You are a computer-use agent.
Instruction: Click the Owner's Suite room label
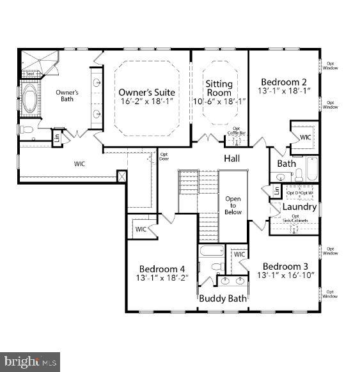(x=146, y=93)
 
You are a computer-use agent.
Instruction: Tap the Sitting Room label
(x=219, y=88)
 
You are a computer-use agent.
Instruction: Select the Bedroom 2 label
(x=284, y=82)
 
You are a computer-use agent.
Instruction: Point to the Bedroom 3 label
(x=286, y=266)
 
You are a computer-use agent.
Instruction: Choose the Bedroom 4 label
(x=162, y=268)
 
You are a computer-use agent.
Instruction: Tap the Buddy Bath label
(x=223, y=298)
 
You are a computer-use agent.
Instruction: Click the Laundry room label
(x=299, y=207)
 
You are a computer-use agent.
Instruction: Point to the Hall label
(x=231, y=158)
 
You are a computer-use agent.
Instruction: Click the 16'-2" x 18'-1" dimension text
(x=146, y=102)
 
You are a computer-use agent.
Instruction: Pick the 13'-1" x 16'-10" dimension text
(x=286, y=275)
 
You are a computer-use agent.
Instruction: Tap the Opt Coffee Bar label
(x=236, y=130)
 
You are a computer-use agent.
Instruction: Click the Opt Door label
(x=164, y=156)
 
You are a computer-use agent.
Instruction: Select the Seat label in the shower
(x=29, y=74)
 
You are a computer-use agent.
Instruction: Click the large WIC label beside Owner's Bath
(x=79, y=164)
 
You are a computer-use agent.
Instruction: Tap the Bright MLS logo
(x=31, y=362)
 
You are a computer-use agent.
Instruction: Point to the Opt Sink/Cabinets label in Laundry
(x=295, y=219)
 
